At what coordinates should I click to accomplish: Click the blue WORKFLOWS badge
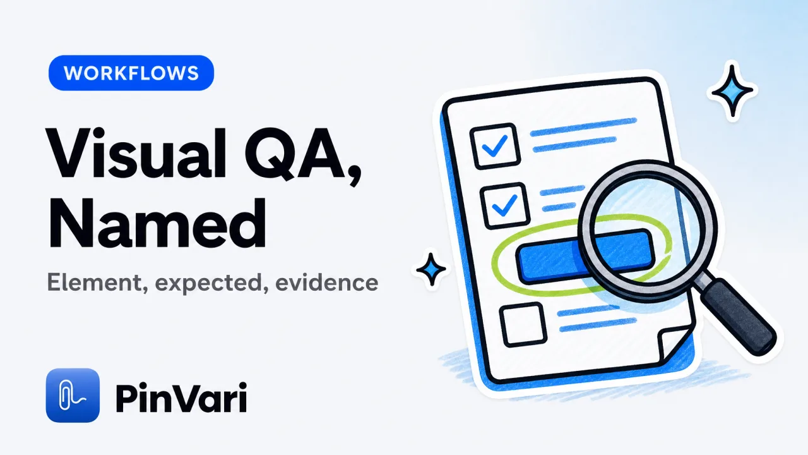click(131, 73)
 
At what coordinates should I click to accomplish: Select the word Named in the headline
click(157, 223)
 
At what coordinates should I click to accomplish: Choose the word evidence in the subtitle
click(327, 282)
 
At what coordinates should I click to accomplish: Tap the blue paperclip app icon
click(73, 395)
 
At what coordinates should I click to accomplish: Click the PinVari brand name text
click(181, 397)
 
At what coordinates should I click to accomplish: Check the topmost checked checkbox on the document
click(496, 146)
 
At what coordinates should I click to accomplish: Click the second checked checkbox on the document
click(505, 206)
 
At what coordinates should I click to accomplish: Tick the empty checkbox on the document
click(523, 325)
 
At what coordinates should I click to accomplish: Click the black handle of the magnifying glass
click(738, 317)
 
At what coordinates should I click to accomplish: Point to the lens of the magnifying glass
click(648, 231)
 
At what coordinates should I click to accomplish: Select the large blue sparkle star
click(732, 90)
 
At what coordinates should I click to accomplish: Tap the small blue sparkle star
click(431, 269)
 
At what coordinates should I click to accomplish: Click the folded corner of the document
click(674, 343)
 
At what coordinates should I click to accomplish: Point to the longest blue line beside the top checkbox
click(583, 127)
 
